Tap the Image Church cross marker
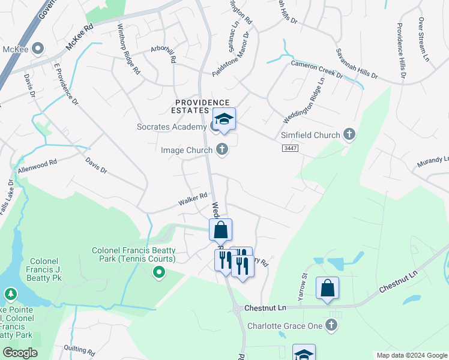tap(222, 149)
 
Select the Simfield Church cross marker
tap(350, 135)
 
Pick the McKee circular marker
tap(38, 49)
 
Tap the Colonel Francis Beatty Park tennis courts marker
tap(159, 273)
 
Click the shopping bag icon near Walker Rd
tap(220, 230)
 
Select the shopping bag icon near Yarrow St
tap(327, 288)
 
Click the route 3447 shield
tap(290, 148)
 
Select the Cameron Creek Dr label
tap(316, 69)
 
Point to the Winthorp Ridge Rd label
tap(129, 49)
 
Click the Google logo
tap(20, 353)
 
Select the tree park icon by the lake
tap(10, 294)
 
